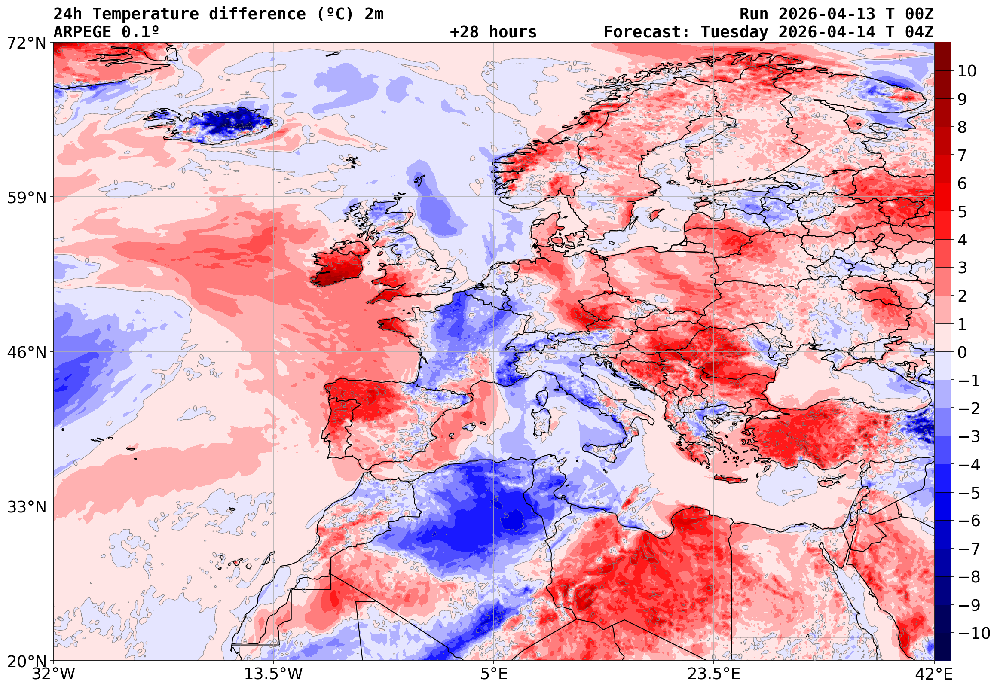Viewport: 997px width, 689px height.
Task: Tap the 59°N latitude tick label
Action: click(x=26, y=198)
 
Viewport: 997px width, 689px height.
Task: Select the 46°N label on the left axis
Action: click(x=26, y=352)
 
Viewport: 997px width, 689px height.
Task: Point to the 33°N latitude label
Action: click(x=26, y=507)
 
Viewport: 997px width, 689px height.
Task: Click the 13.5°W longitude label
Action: click(x=274, y=674)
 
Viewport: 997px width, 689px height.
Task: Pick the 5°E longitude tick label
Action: click(x=494, y=674)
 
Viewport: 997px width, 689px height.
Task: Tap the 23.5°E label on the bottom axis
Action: click(x=714, y=674)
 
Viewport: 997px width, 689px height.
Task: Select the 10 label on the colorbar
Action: click(x=967, y=71)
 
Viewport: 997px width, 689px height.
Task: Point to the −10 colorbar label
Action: click(x=974, y=633)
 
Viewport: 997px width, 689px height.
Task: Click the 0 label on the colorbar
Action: click(x=962, y=352)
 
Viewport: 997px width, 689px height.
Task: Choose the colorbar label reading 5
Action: click(x=962, y=212)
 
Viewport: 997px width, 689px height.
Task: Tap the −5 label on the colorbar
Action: click(x=969, y=493)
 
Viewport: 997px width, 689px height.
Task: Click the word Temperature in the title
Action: click(x=146, y=14)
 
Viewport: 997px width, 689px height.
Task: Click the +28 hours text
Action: click(x=493, y=32)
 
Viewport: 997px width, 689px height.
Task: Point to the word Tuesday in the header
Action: click(x=734, y=32)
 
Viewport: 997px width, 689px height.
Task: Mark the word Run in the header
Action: click(x=754, y=14)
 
